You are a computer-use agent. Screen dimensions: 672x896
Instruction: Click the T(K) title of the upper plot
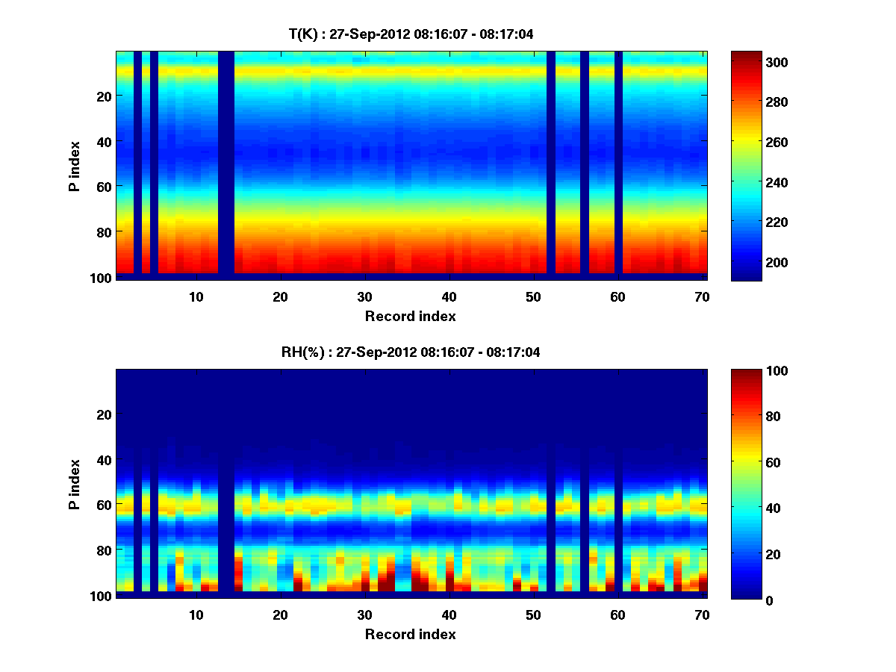point(410,34)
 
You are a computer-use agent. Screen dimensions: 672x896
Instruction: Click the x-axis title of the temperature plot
point(410,316)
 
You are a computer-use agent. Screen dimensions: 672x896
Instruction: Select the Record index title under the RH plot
point(410,634)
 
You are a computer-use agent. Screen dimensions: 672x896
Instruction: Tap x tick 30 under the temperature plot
point(364,296)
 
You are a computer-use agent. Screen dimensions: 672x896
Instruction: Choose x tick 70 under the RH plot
point(701,615)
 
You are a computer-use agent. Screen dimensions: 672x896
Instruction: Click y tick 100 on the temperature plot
point(102,277)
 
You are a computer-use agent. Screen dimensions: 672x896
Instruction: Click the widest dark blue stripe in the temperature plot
point(225,164)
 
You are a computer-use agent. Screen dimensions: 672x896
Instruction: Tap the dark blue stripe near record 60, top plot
point(618,164)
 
